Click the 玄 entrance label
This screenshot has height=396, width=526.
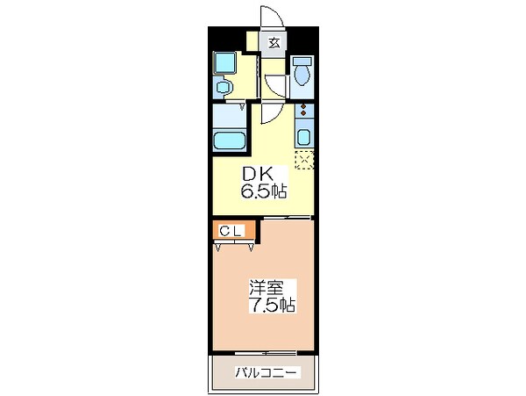[274, 41]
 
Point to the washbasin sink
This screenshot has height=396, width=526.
[222, 87]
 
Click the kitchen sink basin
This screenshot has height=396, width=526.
[303, 136]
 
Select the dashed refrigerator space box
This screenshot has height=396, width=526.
[304, 160]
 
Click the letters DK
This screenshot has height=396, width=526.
[262, 174]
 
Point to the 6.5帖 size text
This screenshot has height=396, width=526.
[264, 190]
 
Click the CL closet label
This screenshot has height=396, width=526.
[231, 230]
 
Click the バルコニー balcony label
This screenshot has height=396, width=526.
[267, 372]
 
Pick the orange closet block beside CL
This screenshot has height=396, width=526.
[251, 231]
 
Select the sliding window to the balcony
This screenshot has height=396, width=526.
[267, 354]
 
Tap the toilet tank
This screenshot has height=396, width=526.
[303, 60]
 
